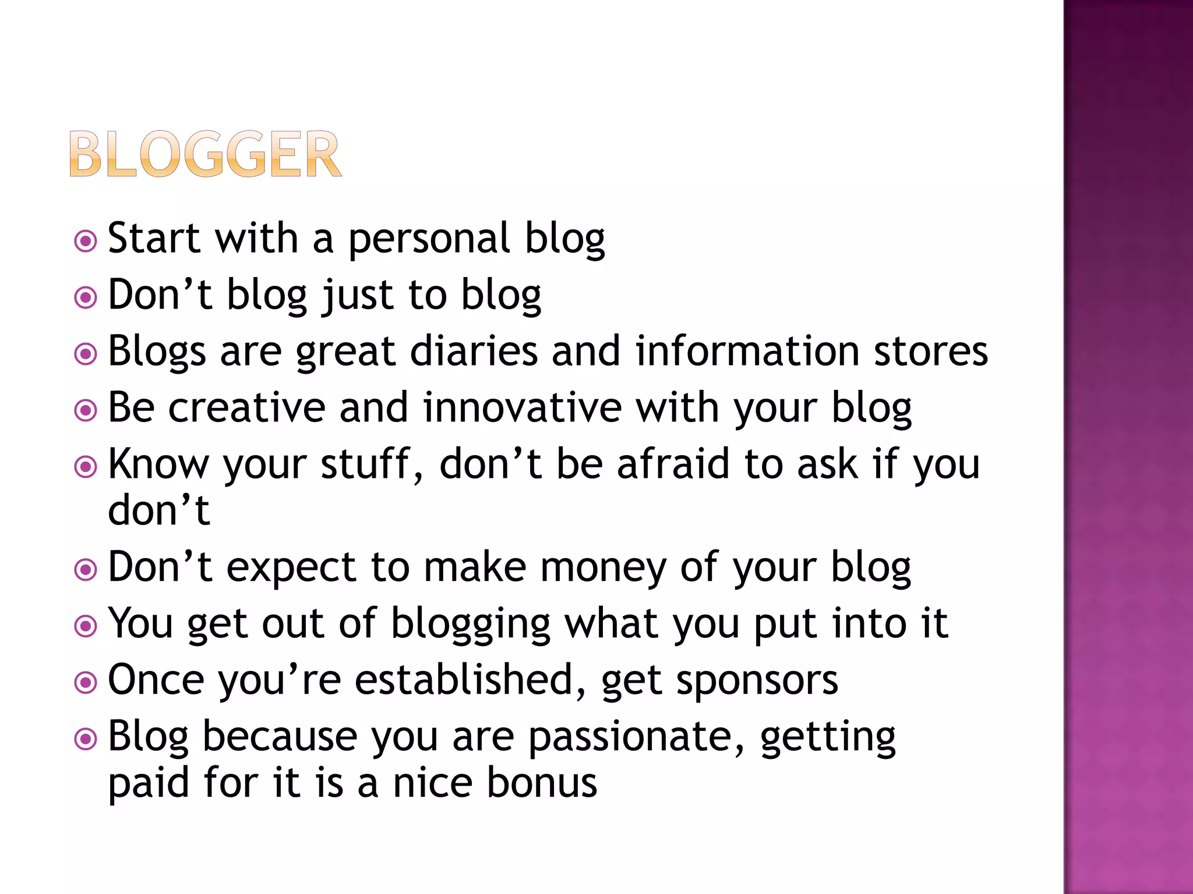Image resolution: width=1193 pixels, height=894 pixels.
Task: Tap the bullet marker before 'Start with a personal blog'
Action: tap(86, 241)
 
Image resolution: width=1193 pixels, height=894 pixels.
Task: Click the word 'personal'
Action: tap(429, 239)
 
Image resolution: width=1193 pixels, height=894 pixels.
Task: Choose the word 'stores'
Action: tap(930, 352)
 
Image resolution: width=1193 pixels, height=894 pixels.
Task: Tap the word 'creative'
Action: tap(246, 407)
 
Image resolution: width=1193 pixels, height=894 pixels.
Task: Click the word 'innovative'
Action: tap(522, 407)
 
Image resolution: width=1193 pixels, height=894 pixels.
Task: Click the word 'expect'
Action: tap(291, 568)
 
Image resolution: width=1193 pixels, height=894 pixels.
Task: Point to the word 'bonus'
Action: tap(542, 782)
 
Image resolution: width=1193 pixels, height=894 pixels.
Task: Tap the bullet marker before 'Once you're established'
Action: tap(86, 683)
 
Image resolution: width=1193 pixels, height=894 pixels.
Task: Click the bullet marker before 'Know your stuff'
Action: tap(86, 467)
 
